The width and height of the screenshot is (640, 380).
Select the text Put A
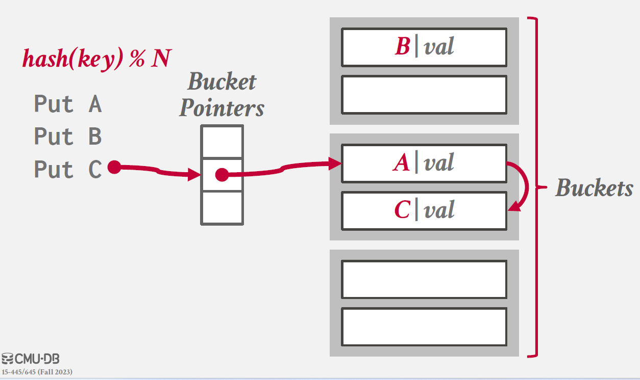68,104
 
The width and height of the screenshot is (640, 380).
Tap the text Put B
68,137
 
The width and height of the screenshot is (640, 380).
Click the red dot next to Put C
114,167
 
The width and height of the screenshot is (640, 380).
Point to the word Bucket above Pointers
221,82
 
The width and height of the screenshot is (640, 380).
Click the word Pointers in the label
221,107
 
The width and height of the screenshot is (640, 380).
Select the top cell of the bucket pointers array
221,142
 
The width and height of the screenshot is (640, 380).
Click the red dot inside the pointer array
221,175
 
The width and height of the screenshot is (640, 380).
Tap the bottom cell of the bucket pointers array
221,207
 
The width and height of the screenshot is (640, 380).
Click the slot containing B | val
424,47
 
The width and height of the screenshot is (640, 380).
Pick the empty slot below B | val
424,95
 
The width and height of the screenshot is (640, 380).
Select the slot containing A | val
424,164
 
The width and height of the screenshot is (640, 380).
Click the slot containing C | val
424,210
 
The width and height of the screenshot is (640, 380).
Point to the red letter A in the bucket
402,164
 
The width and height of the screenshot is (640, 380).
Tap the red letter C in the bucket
402,210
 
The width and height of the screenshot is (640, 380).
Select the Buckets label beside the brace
594,188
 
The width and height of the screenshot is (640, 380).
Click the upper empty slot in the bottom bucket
424,279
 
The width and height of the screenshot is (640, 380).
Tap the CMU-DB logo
31,359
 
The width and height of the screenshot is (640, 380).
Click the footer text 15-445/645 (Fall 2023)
37,372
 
